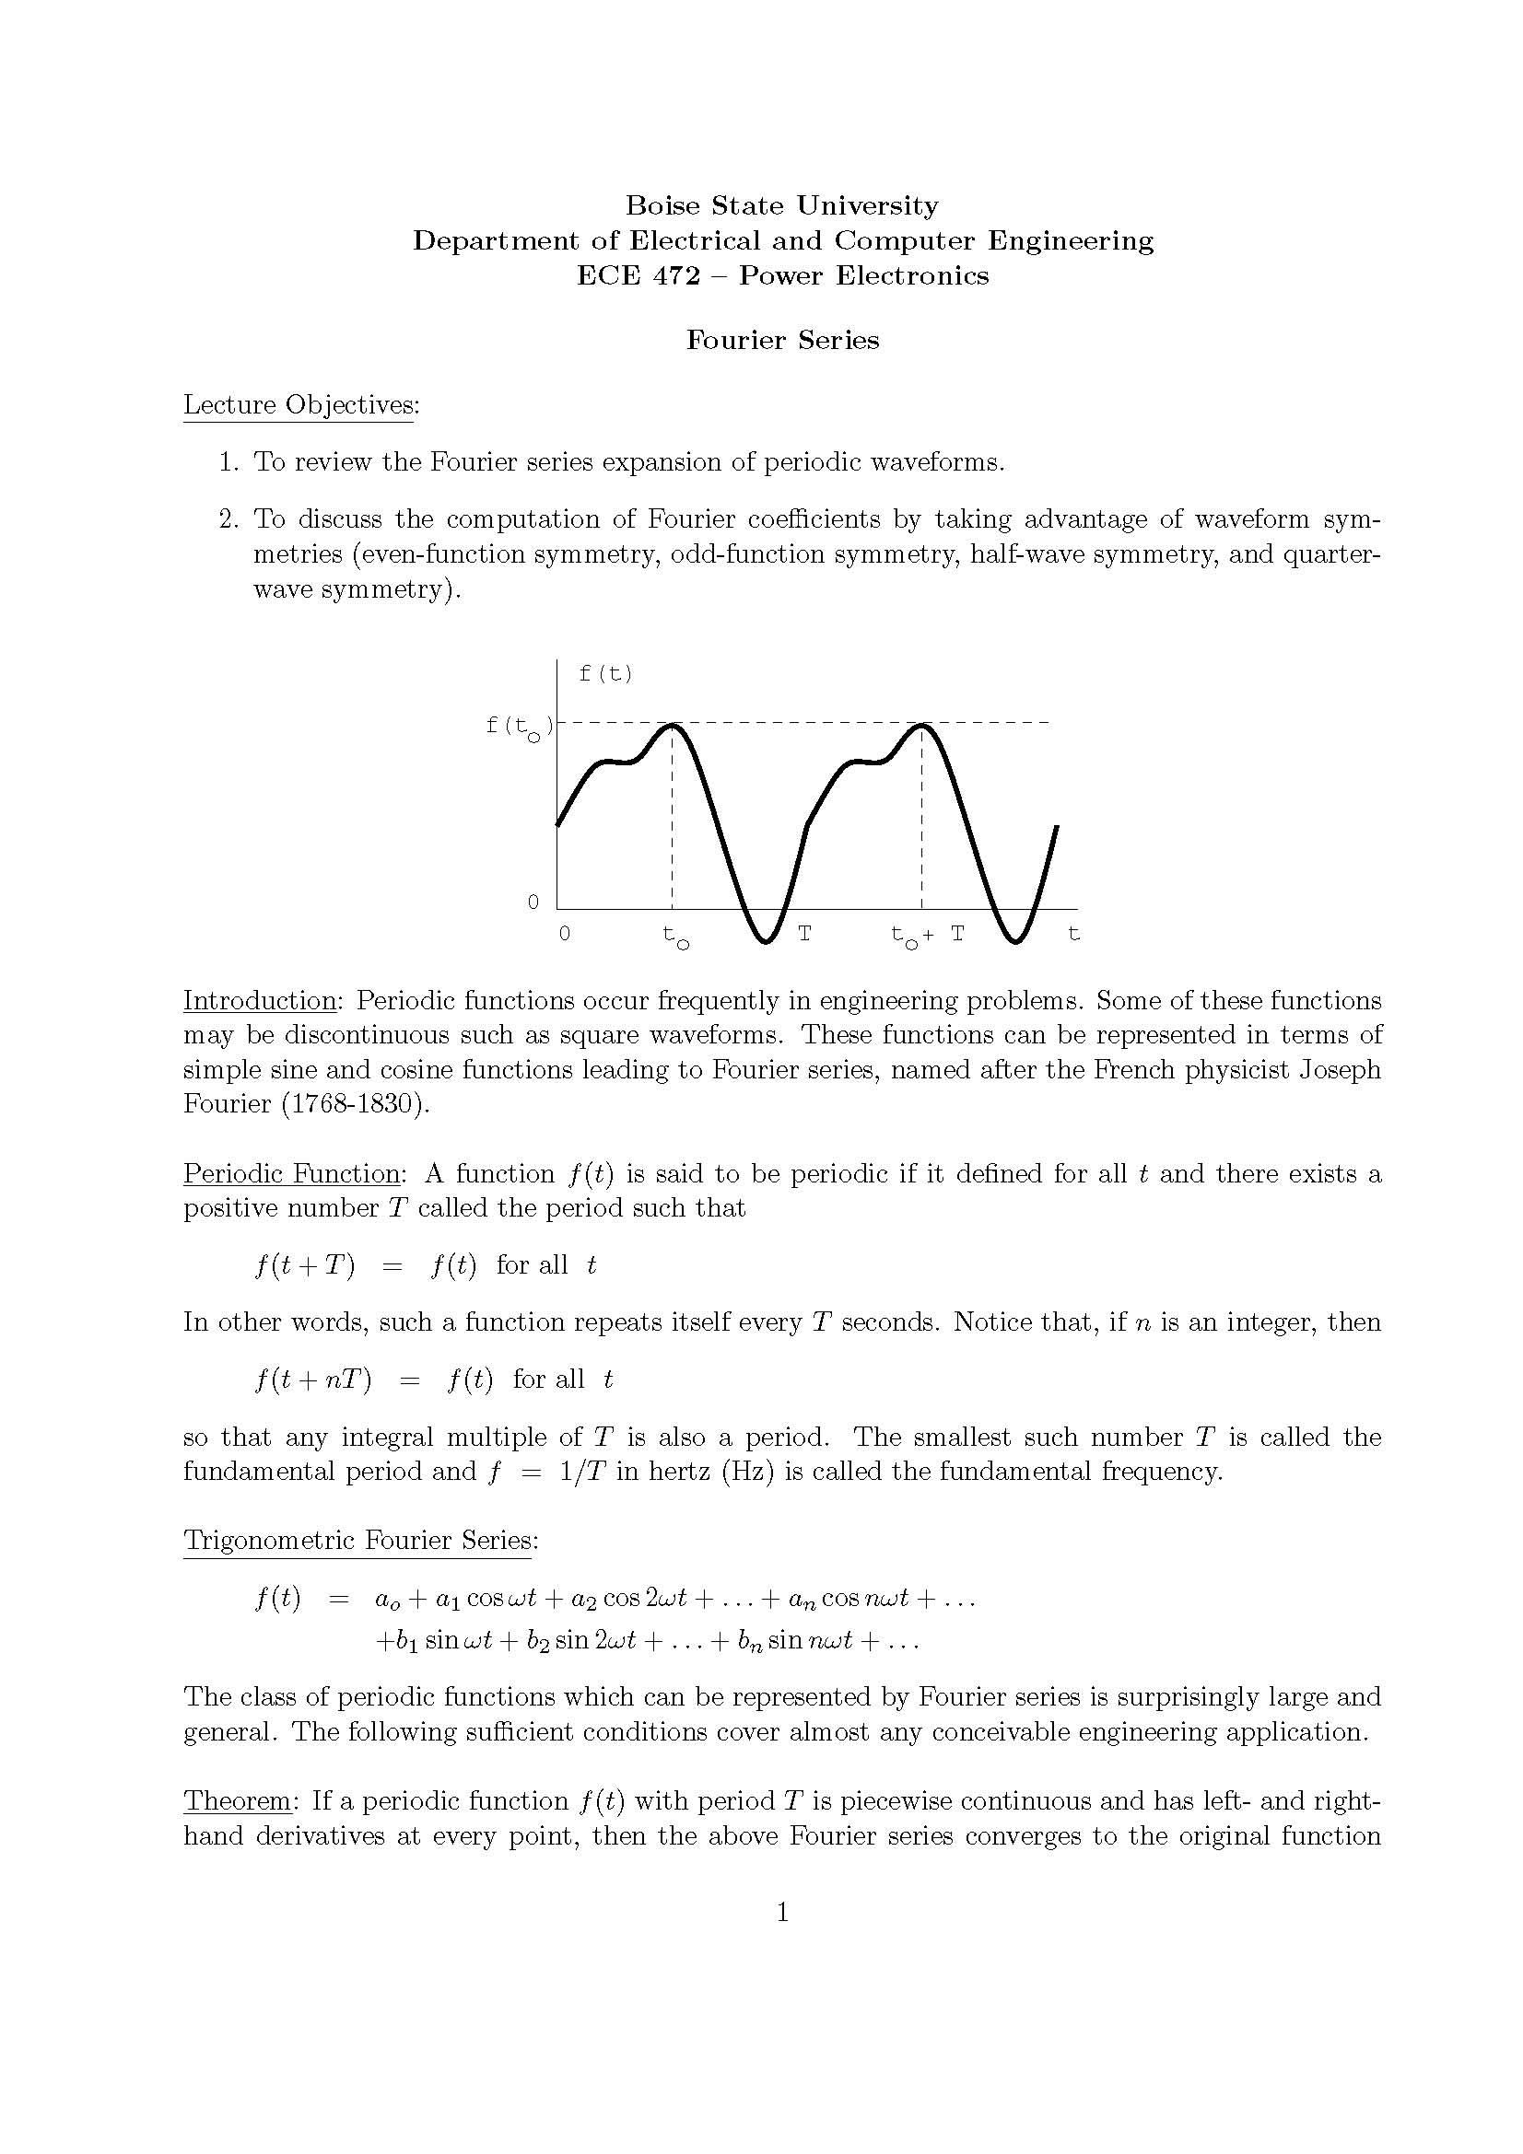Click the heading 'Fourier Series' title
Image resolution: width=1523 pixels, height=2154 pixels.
coord(781,340)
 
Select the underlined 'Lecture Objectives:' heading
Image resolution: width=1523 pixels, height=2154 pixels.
coord(300,405)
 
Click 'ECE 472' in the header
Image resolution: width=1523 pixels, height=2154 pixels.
coord(638,276)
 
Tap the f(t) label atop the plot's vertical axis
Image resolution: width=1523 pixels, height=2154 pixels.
coord(605,673)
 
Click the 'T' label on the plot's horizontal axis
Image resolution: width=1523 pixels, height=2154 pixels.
coord(804,934)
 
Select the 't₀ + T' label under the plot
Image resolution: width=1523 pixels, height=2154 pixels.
coord(927,936)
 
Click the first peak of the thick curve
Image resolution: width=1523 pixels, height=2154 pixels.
coord(673,725)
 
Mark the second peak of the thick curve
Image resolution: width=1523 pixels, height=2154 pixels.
coord(922,725)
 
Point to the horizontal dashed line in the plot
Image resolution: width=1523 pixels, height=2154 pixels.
coord(798,723)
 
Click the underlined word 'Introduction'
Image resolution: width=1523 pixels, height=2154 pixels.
coord(259,1000)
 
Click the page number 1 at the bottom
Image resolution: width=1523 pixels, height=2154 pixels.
coord(782,1912)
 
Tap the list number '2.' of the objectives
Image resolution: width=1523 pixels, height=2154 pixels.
coord(230,518)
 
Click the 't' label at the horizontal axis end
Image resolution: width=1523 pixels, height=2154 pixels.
coord(1073,934)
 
